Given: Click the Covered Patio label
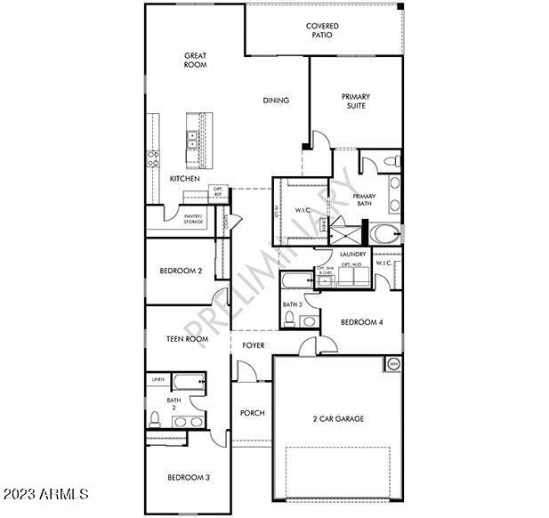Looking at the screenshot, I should pos(322,31).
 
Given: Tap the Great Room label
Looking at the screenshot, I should pos(196,60).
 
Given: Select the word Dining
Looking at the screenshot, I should pos(276,101).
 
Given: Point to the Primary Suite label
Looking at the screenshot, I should pos(356,101).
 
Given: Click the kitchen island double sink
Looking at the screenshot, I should pos(192,140).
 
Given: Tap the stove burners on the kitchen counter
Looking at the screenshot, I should pos(153,158).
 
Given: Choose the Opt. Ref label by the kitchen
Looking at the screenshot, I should pos(218,192).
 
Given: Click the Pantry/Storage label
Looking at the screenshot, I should pos(193,219).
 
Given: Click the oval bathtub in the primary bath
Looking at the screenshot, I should pos(387,235).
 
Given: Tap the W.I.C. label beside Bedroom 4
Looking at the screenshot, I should pos(384,263).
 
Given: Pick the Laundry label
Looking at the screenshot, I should pos(341,255).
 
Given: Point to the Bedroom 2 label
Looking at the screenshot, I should pos(182,271).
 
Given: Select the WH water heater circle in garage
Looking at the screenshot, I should pos(392,363).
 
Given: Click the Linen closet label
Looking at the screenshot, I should pos(157,380).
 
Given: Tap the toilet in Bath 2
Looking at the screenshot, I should pos(155,418).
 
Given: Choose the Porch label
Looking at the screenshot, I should pos(253,413).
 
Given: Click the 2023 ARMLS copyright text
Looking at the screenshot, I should pos(46,492).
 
